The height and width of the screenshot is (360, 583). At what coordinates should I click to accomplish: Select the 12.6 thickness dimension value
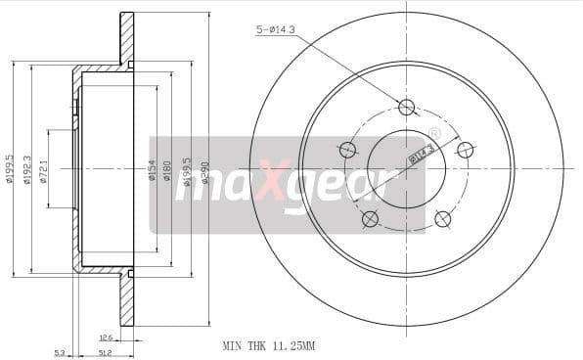pos(105,337)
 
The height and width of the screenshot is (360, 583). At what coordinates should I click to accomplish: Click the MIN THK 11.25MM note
pos(268,346)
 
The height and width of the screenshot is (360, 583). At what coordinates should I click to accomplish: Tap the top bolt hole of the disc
pos(407,107)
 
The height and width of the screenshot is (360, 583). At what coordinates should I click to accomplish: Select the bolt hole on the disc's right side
pos(466,150)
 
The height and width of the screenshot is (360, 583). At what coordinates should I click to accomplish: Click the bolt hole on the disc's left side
pos(347,150)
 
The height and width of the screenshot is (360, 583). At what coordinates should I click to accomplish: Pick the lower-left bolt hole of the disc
pos(370,219)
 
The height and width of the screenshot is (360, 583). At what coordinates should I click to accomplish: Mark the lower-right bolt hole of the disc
pos(443,219)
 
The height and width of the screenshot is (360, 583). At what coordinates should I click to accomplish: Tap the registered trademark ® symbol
pos(434,134)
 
